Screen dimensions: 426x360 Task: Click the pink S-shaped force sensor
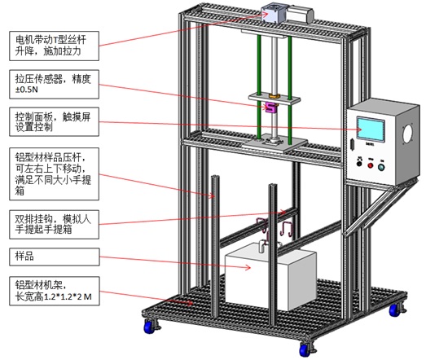tap(270, 107)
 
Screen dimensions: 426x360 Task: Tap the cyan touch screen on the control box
tap(371, 130)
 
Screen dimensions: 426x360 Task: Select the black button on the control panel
tap(359, 164)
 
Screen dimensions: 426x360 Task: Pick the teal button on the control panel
tap(381, 167)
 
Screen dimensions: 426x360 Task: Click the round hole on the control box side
tap(407, 133)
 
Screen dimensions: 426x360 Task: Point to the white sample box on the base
tap(270, 277)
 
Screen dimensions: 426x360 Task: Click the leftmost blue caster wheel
tap(149, 327)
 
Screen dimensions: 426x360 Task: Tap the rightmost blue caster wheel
tap(394, 310)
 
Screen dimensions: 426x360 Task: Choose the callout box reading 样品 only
tap(55, 257)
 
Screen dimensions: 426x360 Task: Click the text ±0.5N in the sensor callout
tap(27, 90)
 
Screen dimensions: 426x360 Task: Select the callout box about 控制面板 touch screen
tap(54, 121)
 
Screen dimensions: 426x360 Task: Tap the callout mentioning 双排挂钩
tap(54, 225)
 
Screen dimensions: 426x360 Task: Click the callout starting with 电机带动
tap(54, 46)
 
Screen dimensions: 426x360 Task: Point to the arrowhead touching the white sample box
tap(248, 268)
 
